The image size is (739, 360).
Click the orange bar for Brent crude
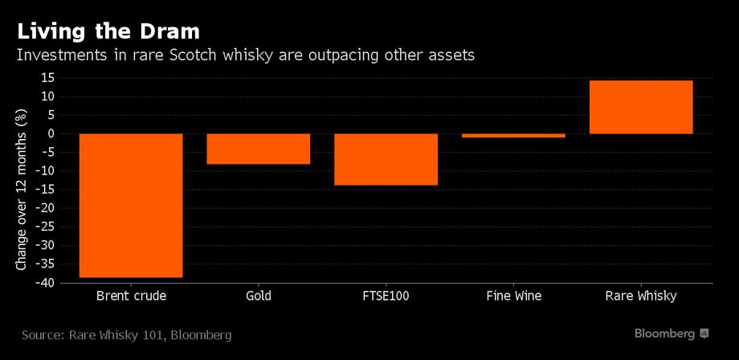pyautogui.click(x=131, y=205)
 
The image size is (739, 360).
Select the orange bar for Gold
pyautogui.click(x=258, y=149)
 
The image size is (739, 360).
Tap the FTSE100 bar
pyautogui.click(x=386, y=159)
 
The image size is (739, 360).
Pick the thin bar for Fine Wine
pyautogui.click(x=513, y=136)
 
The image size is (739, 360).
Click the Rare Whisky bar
pyautogui.click(x=641, y=107)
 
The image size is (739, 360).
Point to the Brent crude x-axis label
pyautogui.click(x=131, y=296)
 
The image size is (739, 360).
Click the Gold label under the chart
pyautogui.click(x=258, y=296)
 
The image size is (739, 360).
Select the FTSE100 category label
pyautogui.click(x=386, y=296)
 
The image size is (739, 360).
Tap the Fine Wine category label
pyautogui.click(x=513, y=296)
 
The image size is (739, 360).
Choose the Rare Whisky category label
pyautogui.click(x=641, y=296)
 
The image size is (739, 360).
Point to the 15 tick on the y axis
pyautogui.click(x=47, y=78)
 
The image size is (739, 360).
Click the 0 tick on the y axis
pyautogui.click(x=50, y=133)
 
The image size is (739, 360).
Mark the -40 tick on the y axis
pyautogui.click(x=43, y=283)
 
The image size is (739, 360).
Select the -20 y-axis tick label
pyautogui.click(x=43, y=208)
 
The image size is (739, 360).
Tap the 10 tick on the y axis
pyautogui.click(x=47, y=96)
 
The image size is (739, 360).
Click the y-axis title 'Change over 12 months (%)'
pyautogui.click(x=21, y=190)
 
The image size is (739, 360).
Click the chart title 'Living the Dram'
pyautogui.click(x=108, y=32)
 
